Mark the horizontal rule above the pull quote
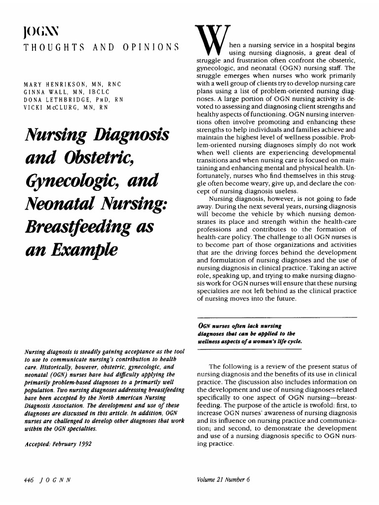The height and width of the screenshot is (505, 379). [276, 317]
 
